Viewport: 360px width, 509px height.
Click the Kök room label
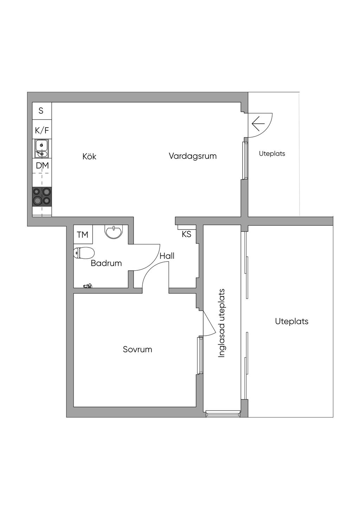(x=89, y=156)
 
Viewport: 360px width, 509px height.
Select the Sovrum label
(x=137, y=349)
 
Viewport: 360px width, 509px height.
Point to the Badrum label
(x=107, y=263)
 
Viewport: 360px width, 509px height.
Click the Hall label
(x=167, y=256)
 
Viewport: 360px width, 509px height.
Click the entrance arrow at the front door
(x=258, y=123)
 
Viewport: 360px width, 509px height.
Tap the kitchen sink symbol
(x=41, y=148)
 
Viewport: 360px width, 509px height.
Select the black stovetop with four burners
(x=42, y=197)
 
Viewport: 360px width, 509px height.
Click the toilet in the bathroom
(x=84, y=253)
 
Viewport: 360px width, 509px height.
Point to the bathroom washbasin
(x=114, y=231)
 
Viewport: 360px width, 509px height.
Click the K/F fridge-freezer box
(x=42, y=130)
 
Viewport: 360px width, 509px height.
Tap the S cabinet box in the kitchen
(x=42, y=111)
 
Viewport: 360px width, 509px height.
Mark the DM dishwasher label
(x=43, y=166)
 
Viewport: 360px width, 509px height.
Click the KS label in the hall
(x=186, y=234)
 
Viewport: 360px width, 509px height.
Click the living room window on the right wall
(x=245, y=161)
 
